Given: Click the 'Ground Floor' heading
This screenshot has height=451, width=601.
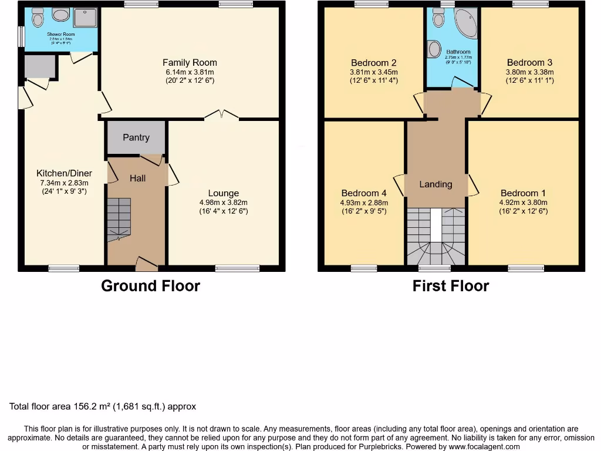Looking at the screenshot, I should (x=150, y=286).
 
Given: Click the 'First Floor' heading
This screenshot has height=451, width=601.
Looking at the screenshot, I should (x=450, y=286).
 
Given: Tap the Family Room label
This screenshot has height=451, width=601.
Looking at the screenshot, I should (x=190, y=62).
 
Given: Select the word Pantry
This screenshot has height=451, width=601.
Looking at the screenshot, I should (x=136, y=137).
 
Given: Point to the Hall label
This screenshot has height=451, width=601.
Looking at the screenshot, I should (x=137, y=178).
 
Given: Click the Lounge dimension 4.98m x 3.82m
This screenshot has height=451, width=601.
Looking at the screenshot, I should (x=223, y=203).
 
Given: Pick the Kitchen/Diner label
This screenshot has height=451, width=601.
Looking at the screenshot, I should (x=64, y=173).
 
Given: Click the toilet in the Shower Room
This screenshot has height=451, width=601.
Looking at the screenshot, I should (x=38, y=18).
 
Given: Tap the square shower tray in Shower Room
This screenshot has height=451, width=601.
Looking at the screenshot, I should (x=85, y=18).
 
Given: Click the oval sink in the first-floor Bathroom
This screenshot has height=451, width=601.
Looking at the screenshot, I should (x=435, y=49).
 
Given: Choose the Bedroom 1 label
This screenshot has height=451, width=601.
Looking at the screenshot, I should (x=523, y=193).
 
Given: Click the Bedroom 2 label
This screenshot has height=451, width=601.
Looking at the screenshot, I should (x=374, y=63).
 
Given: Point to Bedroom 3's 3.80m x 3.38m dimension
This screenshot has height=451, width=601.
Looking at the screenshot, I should (x=530, y=72).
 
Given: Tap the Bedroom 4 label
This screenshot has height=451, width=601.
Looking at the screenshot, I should (x=364, y=193).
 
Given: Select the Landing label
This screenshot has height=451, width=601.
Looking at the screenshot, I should (x=435, y=184).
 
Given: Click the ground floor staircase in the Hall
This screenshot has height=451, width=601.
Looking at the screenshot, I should (x=119, y=219).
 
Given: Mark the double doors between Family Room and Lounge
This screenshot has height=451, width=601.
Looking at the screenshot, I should (x=222, y=115).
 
